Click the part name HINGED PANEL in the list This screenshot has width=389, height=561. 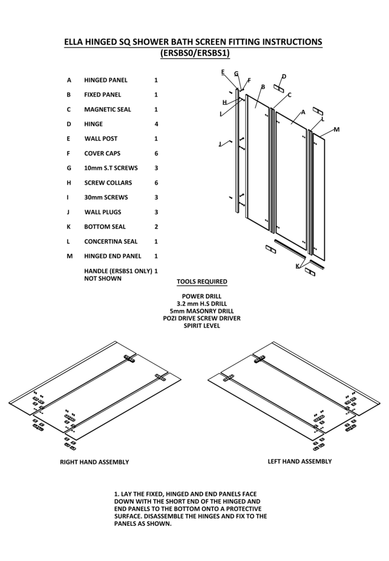point(105,80)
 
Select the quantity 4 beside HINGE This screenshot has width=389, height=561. point(156,124)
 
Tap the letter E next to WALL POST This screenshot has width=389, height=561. point(69,139)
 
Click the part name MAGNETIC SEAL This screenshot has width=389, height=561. point(107,109)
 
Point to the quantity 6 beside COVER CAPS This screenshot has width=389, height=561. point(156,154)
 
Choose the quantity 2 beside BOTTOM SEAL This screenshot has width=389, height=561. point(156,227)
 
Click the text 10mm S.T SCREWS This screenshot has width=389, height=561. point(111,168)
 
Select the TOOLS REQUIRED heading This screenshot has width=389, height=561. point(202,282)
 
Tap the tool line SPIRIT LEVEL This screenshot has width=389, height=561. point(202,326)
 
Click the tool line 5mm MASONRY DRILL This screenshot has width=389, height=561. point(202,311)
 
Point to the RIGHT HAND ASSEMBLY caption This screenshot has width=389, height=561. point(94,462)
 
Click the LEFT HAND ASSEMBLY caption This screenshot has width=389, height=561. point(299,461)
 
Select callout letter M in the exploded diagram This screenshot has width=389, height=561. point(336,130)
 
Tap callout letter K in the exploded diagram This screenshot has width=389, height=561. point(298,266)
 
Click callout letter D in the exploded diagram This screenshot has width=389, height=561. point(284,77)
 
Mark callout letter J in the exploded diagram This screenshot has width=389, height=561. point(220,144)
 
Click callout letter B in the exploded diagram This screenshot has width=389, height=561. point(263,87)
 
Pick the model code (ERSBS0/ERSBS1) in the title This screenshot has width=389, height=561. point(194,54)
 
